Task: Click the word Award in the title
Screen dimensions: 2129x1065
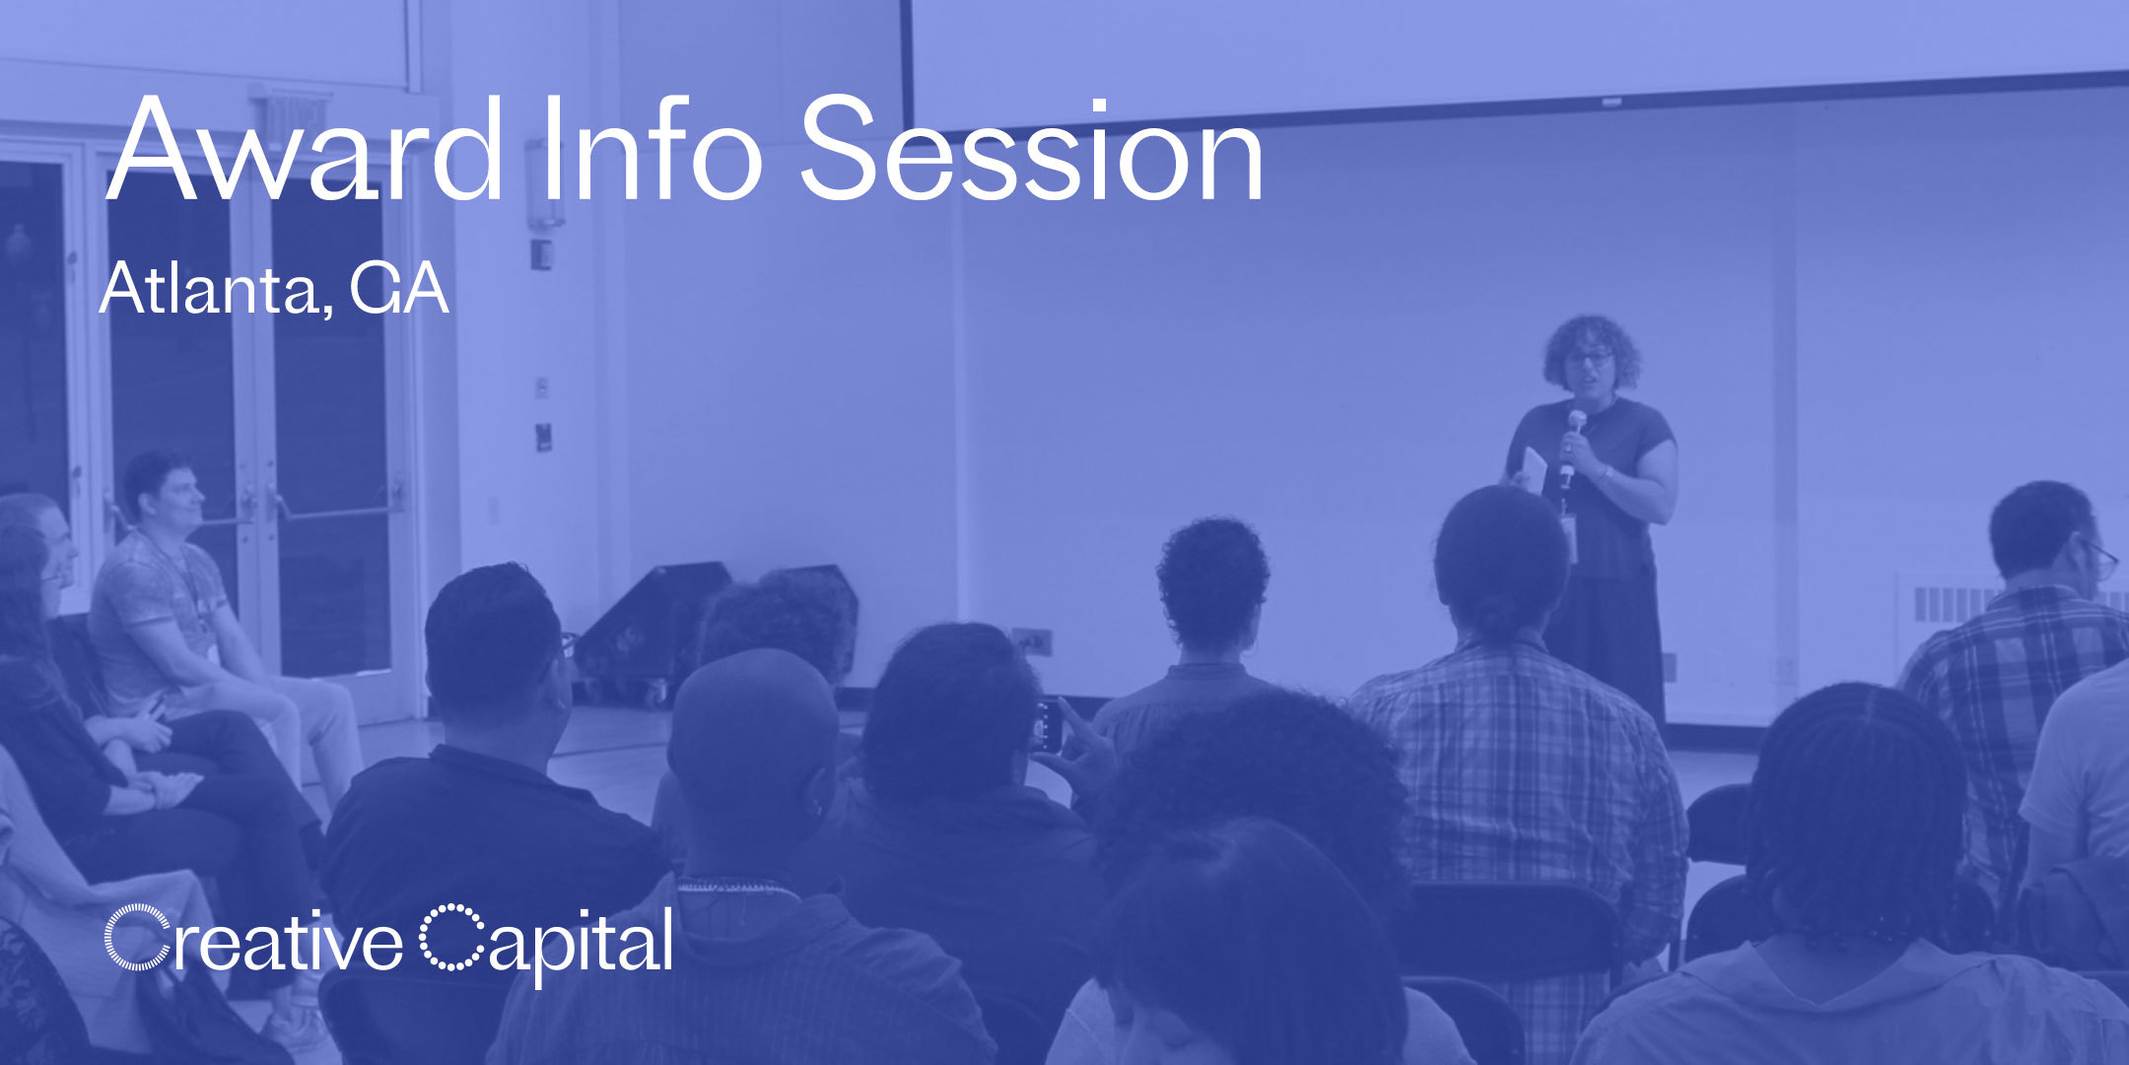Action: [x=305, y=149]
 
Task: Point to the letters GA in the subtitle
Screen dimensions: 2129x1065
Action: [x=400, y=289]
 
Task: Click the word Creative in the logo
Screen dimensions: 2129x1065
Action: [x=253, y=938]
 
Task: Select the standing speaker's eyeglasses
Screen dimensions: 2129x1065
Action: [x=1589, y=357]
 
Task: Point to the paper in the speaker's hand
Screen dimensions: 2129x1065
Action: [x=1534, y=470]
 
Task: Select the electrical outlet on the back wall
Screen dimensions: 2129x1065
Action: [x=1032, y=641]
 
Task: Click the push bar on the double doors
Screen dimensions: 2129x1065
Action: [x=335, y=509]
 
